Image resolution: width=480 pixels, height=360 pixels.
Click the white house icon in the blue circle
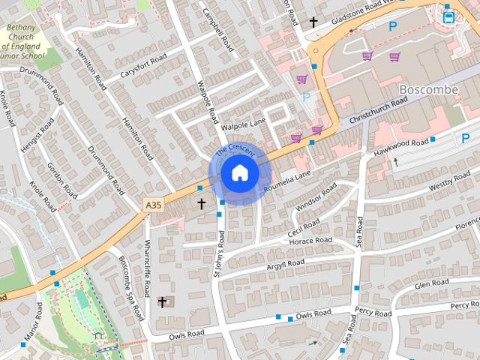click(239, 173)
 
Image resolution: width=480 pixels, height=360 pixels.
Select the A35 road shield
click(154, 204)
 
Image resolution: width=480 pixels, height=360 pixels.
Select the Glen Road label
click(431, 283)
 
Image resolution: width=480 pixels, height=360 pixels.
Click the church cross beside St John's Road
click(201, 203)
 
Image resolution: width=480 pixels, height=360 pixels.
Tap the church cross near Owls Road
click(162, 301)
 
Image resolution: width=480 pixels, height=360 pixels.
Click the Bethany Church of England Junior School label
click(26, 41)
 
